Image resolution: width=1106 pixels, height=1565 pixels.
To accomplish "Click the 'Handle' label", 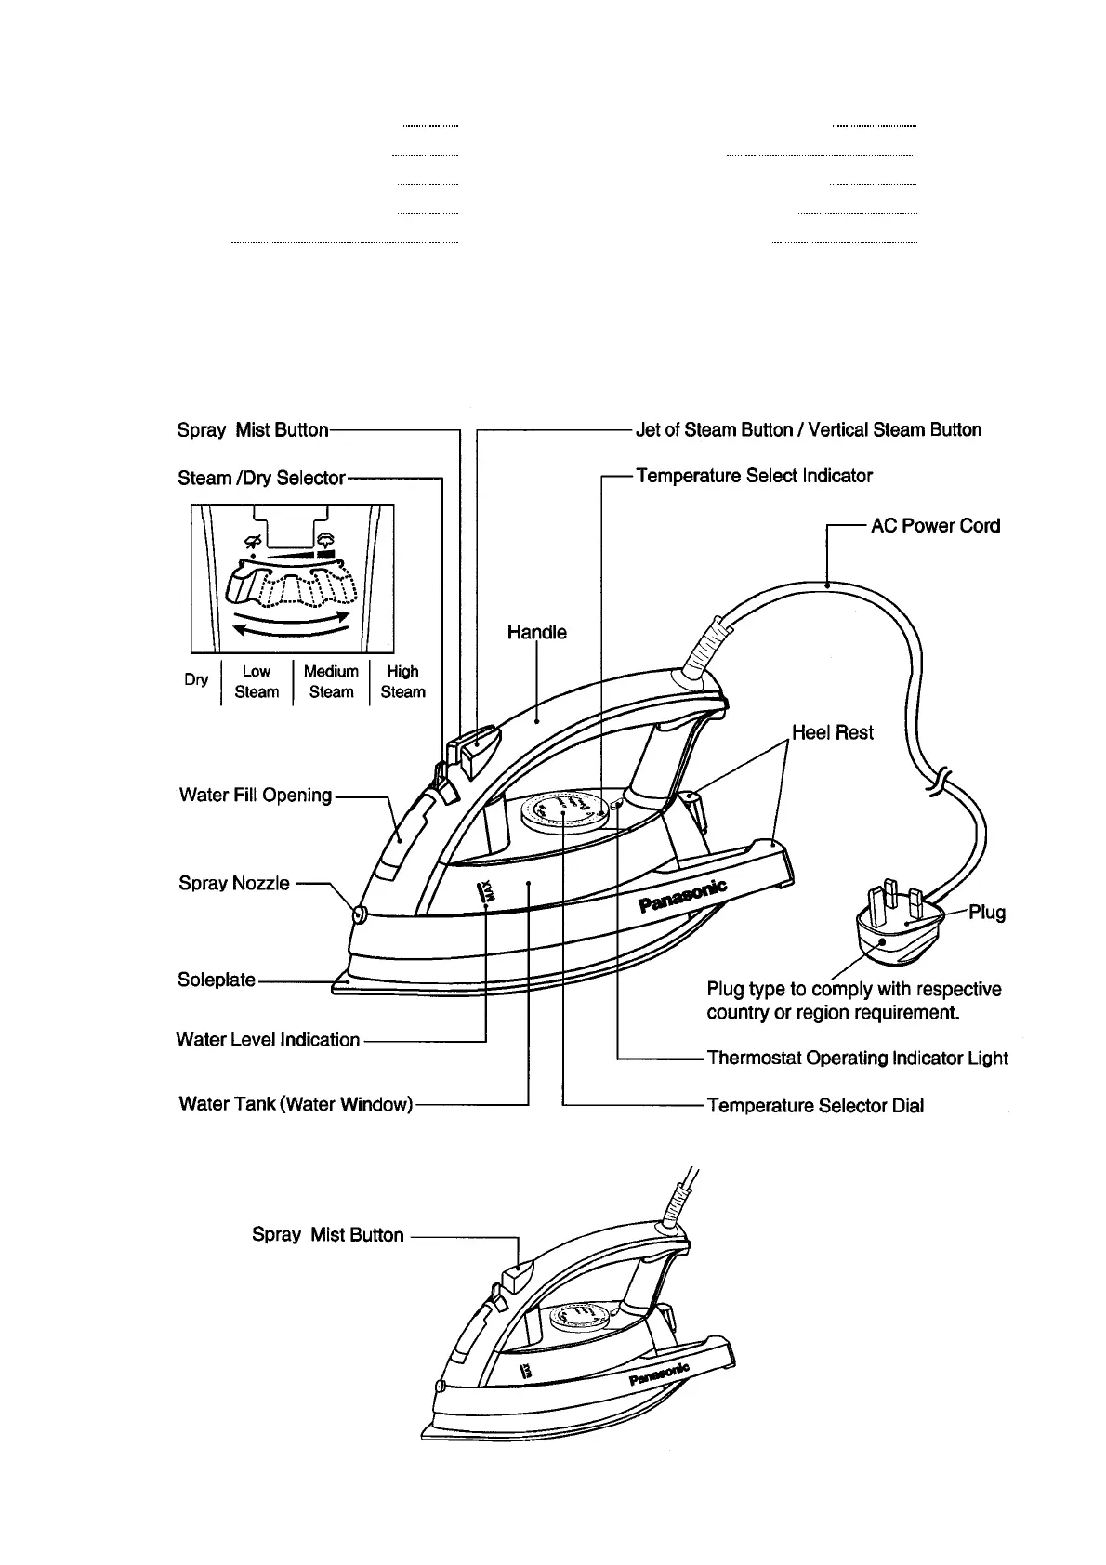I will click(x=536, y=633).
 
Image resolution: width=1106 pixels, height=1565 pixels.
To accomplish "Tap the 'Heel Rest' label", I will click(x=832, y=732).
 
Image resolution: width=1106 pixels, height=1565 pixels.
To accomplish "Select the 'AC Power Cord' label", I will click(x=935, y=526).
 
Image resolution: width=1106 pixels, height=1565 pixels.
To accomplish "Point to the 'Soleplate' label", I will click(x=216, y=980).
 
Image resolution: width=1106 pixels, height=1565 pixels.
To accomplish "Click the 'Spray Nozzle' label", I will click(x=234, y=883).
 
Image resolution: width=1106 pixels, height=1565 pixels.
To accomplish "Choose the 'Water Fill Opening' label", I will click(x=255, y=795).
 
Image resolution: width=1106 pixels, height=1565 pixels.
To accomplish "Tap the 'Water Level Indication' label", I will click(x=268, y=1040).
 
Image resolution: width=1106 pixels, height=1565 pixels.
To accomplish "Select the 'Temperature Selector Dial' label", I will click(x=815, y=1106).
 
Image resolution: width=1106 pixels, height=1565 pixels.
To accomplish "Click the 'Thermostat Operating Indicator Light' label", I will click(x=857, y=1058).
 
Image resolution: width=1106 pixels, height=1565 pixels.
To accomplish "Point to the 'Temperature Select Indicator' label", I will click(x=754, y=476).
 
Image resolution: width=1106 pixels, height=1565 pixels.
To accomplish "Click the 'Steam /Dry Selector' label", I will click(x=261, y=478).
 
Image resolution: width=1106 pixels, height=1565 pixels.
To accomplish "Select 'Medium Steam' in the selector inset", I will click(x=331, y=681).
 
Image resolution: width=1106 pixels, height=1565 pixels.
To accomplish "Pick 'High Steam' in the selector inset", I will click(x=402, y=681).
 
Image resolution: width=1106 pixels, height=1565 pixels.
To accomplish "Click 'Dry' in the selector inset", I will click(x=196, y=679).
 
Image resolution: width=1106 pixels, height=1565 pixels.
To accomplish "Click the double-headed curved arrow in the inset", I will click(x=291, y=624).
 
